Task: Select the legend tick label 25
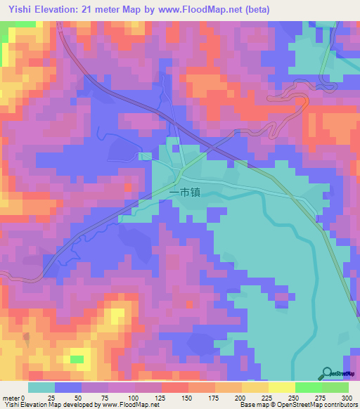point(53,397)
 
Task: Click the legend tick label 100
point(133,397)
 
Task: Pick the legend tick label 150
point(186,397)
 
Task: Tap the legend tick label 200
point(240,397)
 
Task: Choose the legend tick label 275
point(320,397)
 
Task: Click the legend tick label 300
point(346,397)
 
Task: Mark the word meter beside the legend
point(12,397)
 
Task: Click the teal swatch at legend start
point(41,387)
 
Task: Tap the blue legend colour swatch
point(67,387)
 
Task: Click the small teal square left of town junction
point(144,156)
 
